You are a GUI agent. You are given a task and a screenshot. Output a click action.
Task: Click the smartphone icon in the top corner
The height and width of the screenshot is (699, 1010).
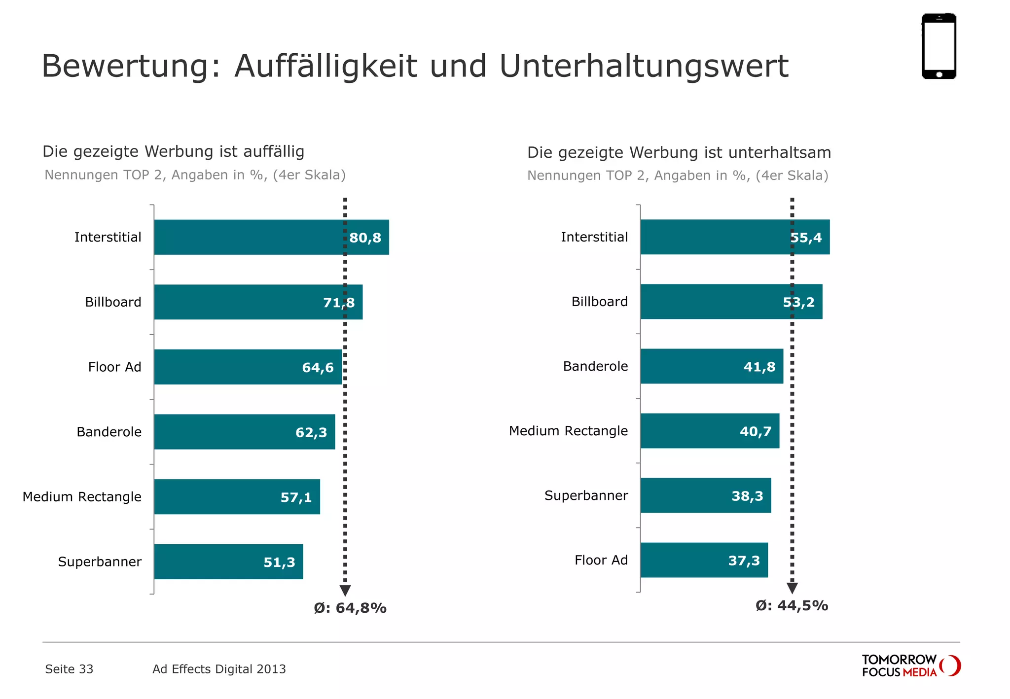pyautogui.click(x=938, y=46)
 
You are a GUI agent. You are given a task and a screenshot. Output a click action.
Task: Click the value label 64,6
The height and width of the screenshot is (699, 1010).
pyautogui.click(x=318, y=367)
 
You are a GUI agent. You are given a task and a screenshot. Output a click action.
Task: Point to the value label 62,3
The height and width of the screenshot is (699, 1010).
pyautogui.click(x=311, y=432)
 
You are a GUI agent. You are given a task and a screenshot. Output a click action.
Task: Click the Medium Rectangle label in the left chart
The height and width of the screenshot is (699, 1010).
pyautogui.click(x=82, y=496)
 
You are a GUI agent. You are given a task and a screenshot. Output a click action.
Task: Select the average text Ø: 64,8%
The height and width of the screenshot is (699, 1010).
pyautogui.click(x=350, y=608)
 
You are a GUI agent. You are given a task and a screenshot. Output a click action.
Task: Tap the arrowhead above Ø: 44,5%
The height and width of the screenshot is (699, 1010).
pyautogui.click(x=792, y=588)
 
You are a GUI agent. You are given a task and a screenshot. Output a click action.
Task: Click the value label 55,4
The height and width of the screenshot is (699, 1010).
pyautogui.click(x=807, y=238)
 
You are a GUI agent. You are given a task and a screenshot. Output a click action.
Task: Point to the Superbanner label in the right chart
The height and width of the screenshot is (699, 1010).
pyautogui.click(x=586, y=495)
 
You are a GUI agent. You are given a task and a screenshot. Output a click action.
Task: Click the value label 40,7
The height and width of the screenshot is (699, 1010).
pyautogui.click(x=756, y=431)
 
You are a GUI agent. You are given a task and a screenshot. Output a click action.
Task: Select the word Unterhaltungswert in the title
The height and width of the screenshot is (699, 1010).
pyautogui.click(x=644, y=66)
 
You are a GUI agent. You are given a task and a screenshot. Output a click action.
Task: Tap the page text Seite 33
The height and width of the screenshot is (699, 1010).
pyautogui.click(x=69, y=669)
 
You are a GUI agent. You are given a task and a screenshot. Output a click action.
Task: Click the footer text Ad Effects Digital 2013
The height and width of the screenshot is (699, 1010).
pyautogui.click(x=219, y=669)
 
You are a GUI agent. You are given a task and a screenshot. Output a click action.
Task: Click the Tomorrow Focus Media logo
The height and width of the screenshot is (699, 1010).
pyautogui.click(x=910, y=665)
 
